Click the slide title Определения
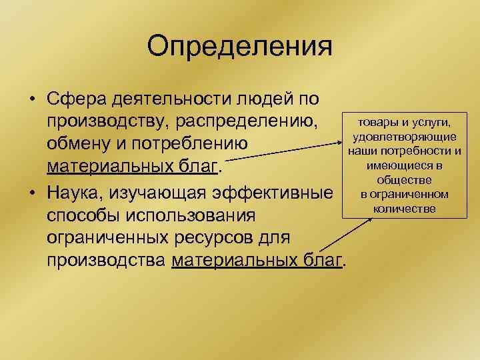(239, 47)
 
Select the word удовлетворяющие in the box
(404, 137)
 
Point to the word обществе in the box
(404, 180)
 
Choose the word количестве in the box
(404, 209)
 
